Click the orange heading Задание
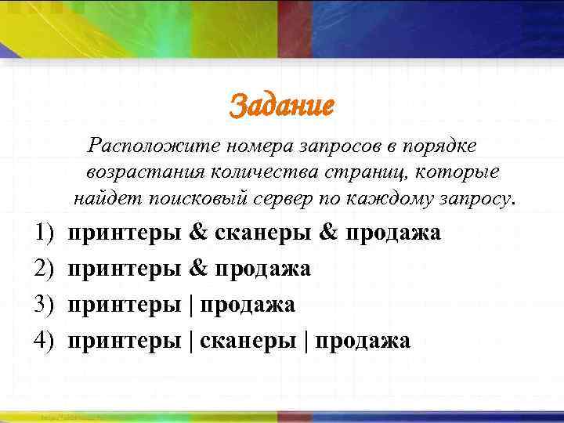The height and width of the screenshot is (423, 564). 281,106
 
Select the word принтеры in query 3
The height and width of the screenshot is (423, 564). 125,305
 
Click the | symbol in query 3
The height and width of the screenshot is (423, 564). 192,305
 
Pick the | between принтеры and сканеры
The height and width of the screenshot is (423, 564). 192,341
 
